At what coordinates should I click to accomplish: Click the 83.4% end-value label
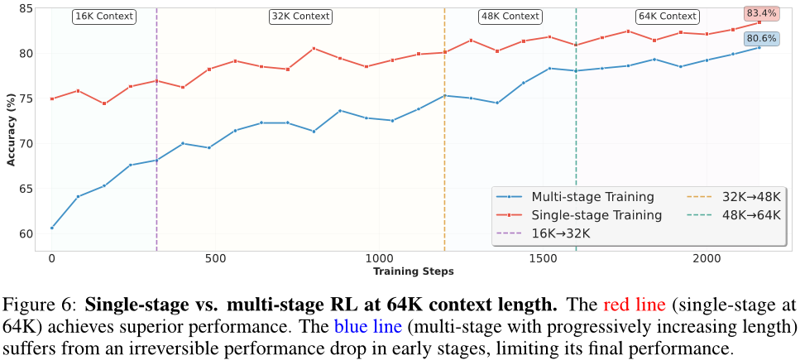click(760, 13)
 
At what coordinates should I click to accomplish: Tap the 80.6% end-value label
click(760, 38)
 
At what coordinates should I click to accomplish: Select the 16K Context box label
click(103, 16)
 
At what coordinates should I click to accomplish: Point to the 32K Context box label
click(300, 16)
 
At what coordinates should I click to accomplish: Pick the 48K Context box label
click(510, 16)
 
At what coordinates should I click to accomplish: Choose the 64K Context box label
click(667, 16)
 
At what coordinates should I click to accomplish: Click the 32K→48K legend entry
click(740, 197)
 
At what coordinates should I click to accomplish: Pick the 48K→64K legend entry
click(740, 215)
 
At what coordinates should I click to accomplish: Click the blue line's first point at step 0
click(51, 228)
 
